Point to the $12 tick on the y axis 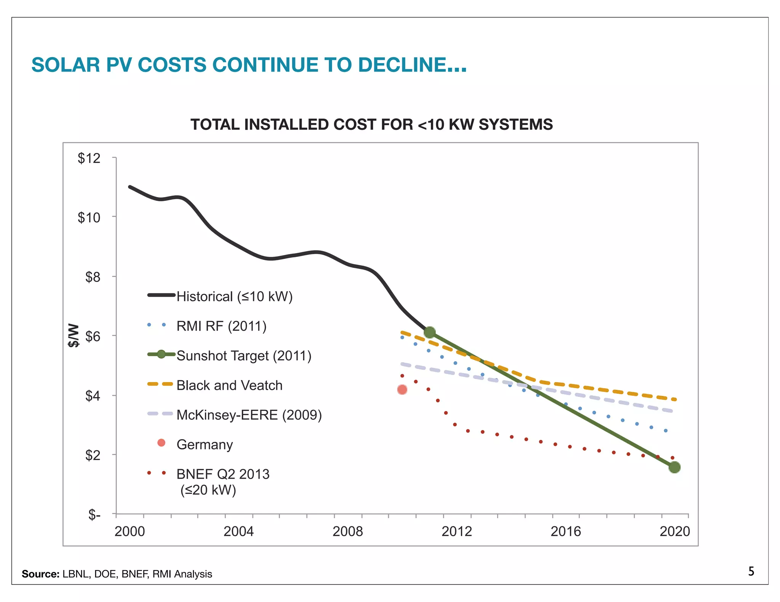[x=90, y=158]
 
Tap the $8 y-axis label [x=93, y=277]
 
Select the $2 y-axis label [x=93, y=455]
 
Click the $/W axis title [x=74, y=335]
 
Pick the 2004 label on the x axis [x=238, y=531]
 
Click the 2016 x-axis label [x=566, y=531]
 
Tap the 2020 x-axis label [x=675, y=531]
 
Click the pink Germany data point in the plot [x=402, y=390]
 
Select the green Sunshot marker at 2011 [x=430, y=332]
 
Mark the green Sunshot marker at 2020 [x=674, y=467]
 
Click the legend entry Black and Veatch [x=229, y=385]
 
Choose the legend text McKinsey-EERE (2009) [x=249, y=415]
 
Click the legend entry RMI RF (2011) [x=221, y=326]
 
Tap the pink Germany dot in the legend [x=161, y=443]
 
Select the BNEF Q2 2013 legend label [x=223, y=474]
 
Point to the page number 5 [x=751, y=571]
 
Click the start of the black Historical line [x=130, y=187]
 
